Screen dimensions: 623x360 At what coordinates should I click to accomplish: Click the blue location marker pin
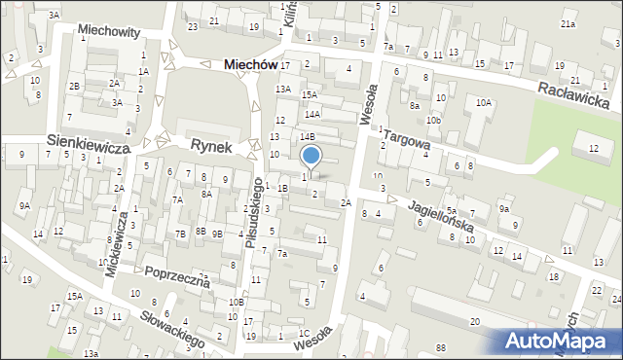[x=311, y=157]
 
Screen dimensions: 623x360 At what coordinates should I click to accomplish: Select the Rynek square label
[x=211, y=146]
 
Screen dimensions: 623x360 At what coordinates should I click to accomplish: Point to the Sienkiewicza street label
[x=89, y=142]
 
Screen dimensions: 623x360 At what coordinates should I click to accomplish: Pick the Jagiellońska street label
[x=441, y=214]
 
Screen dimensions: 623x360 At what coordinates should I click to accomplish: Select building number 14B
[x=307, y=137]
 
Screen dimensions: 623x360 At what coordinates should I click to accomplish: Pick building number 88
[x=441, y=347]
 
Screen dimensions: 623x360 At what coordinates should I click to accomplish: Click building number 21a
[x=568, y=23]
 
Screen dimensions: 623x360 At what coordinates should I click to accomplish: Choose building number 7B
[x=180, y=234]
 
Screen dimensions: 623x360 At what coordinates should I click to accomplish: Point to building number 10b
[x=433, y=120]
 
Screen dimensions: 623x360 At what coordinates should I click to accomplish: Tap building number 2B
[x=74, y=86]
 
